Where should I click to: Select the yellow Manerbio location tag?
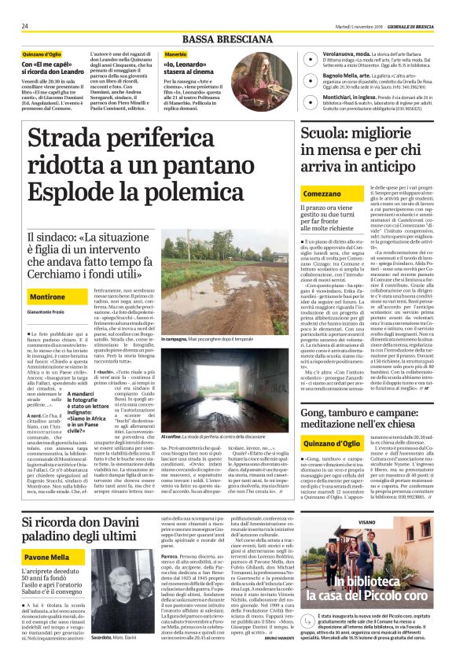(177, 55)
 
